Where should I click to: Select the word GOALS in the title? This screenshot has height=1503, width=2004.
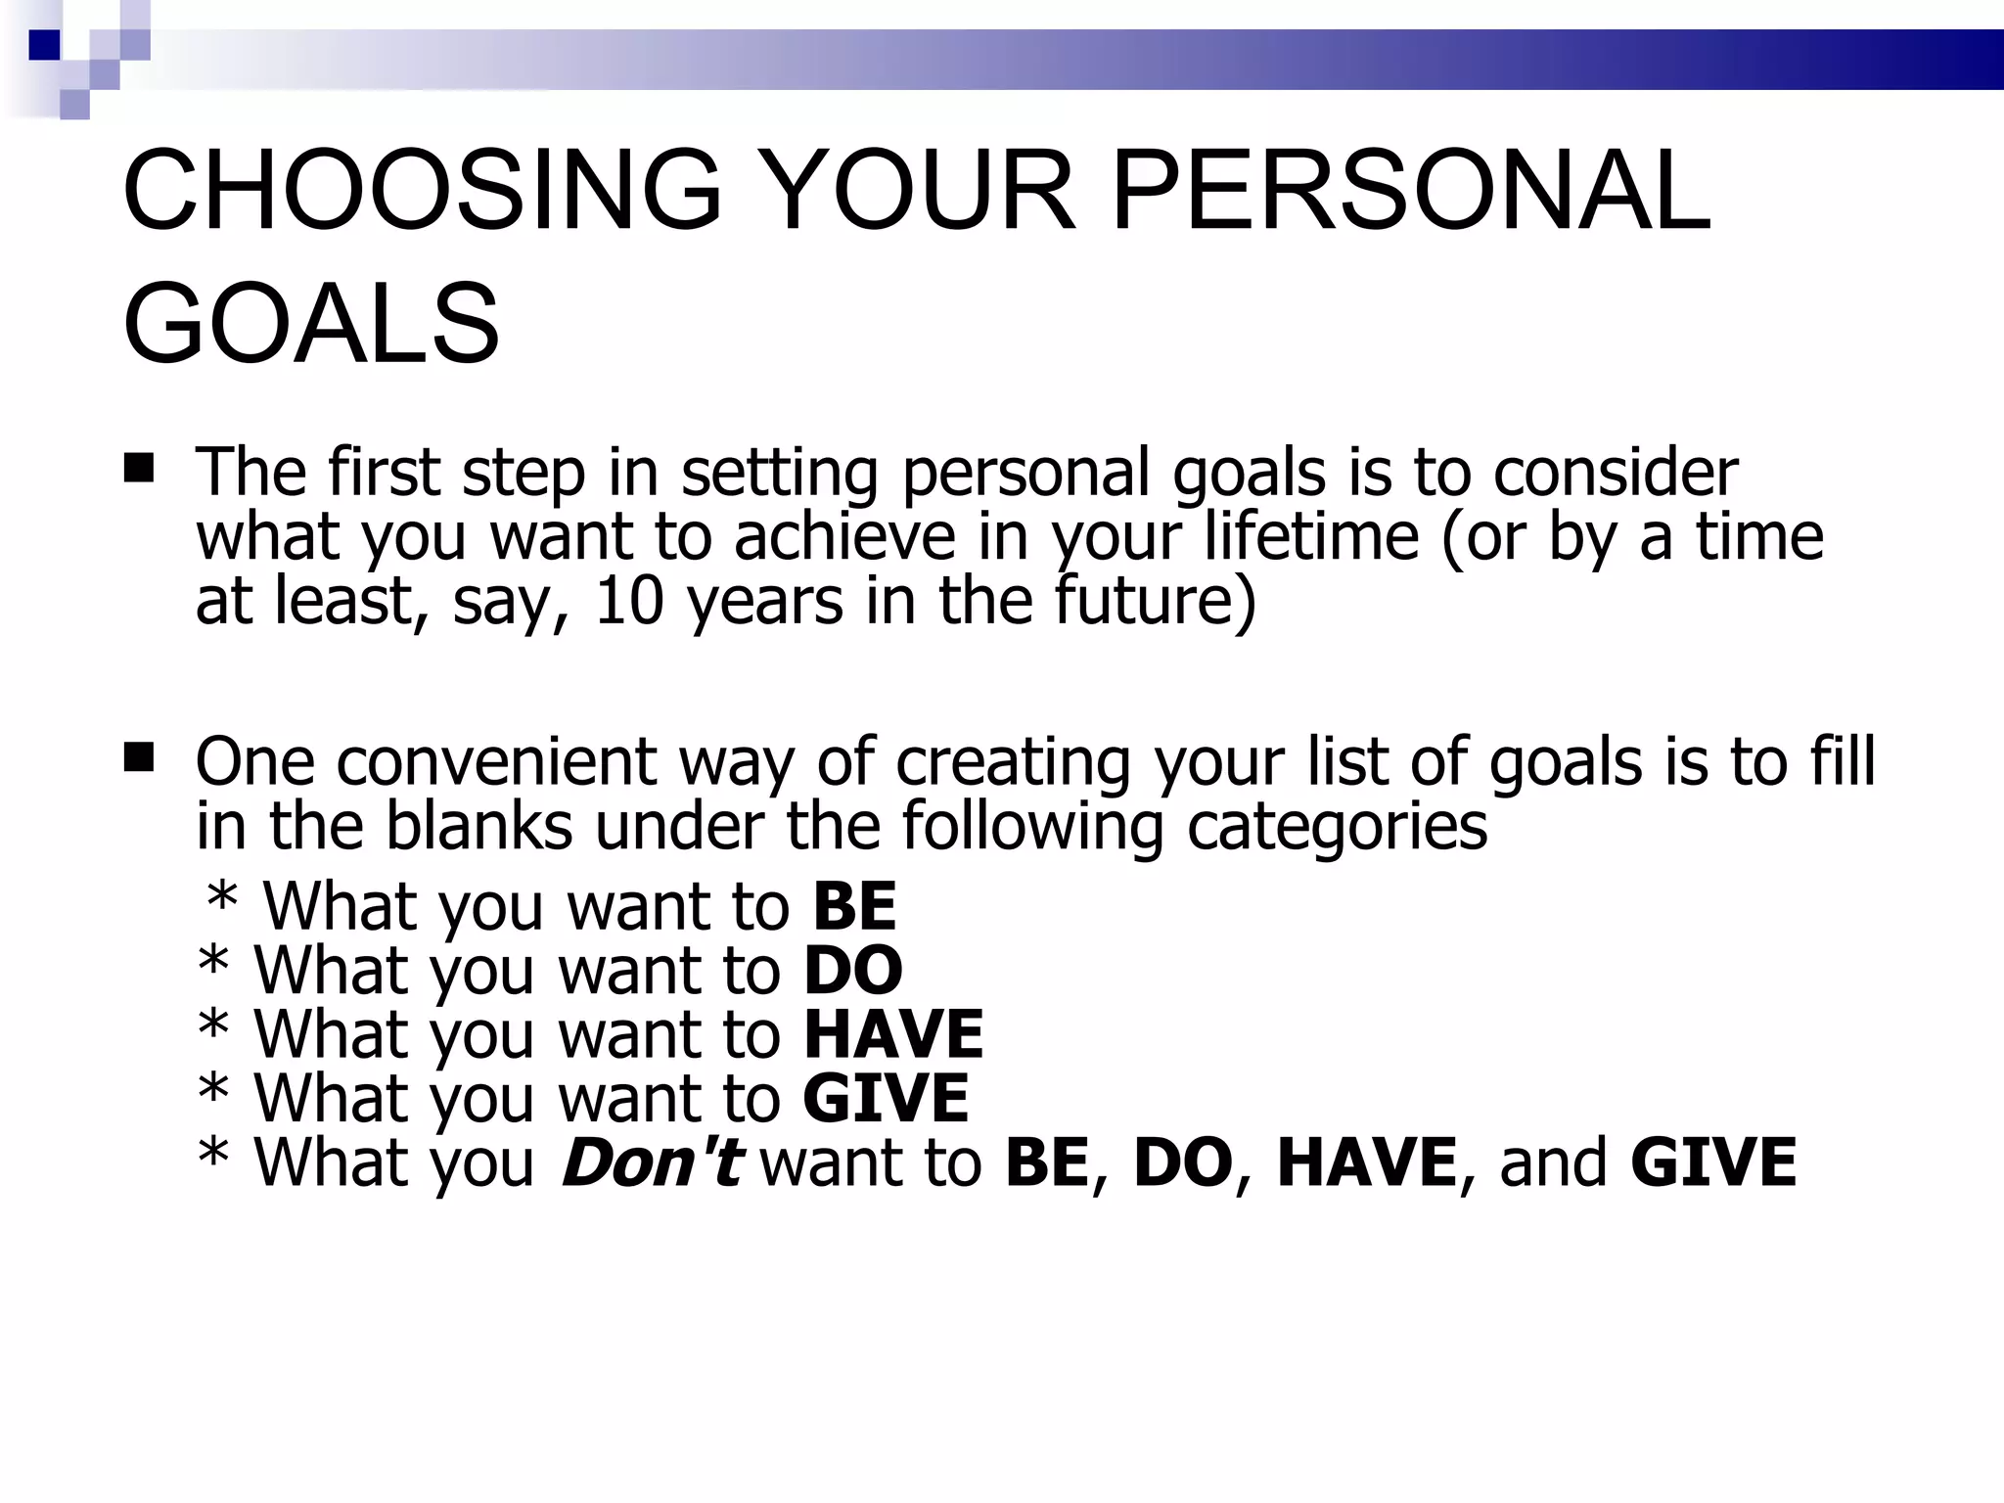tap(311, 323)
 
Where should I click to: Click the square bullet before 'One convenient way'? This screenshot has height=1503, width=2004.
tap(140, 757)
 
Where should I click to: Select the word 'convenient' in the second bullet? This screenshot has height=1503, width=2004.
tap(497, 760)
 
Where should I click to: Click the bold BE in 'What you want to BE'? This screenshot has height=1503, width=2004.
tap(853, 905)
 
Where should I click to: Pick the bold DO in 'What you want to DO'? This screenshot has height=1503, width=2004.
tap(852, 970)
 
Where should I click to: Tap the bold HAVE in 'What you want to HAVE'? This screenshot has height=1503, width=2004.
tap(892, 1034)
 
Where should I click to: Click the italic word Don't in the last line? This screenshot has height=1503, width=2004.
tap(651, 1161)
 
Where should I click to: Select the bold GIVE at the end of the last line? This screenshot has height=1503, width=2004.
tap(1713, 1161)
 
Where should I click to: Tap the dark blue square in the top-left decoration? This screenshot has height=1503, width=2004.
tap(44, 45)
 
